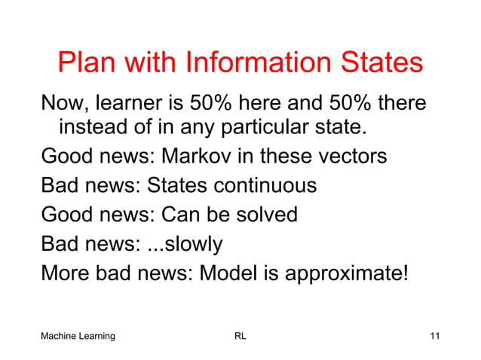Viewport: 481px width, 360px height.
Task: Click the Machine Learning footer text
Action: tap(78, 336)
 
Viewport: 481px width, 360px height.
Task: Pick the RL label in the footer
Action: tap(240, 336)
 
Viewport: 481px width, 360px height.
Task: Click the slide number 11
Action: tap(434, 336)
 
